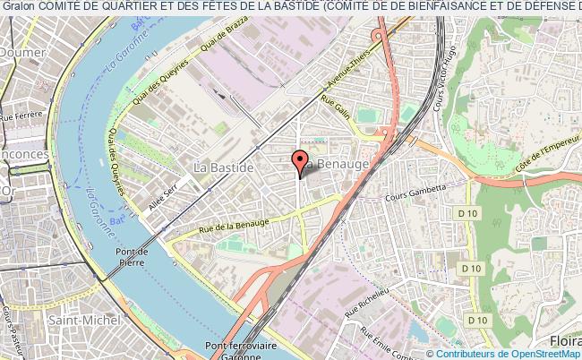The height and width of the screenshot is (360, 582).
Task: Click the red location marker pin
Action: [298, 163]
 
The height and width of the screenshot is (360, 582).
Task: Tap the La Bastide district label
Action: [225, 167]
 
